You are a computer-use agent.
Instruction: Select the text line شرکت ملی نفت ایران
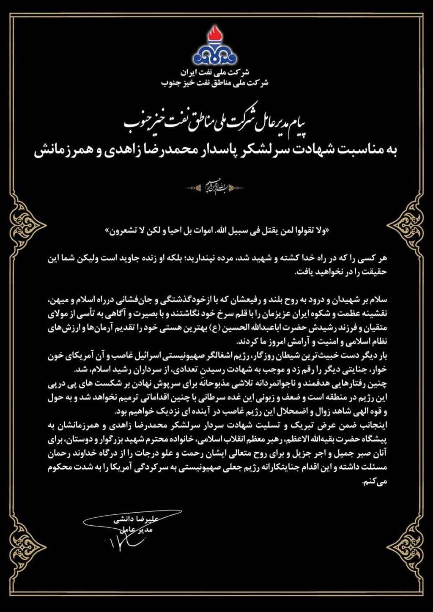(216, 72)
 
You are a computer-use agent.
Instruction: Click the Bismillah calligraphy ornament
(216, 188)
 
